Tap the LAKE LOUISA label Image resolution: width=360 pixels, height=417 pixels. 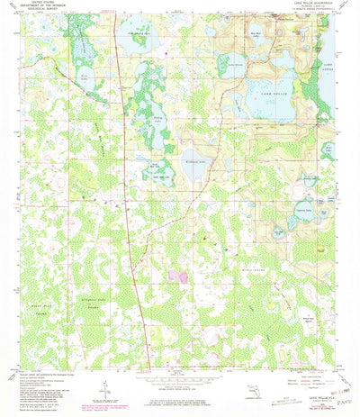[x=327, y=67]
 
